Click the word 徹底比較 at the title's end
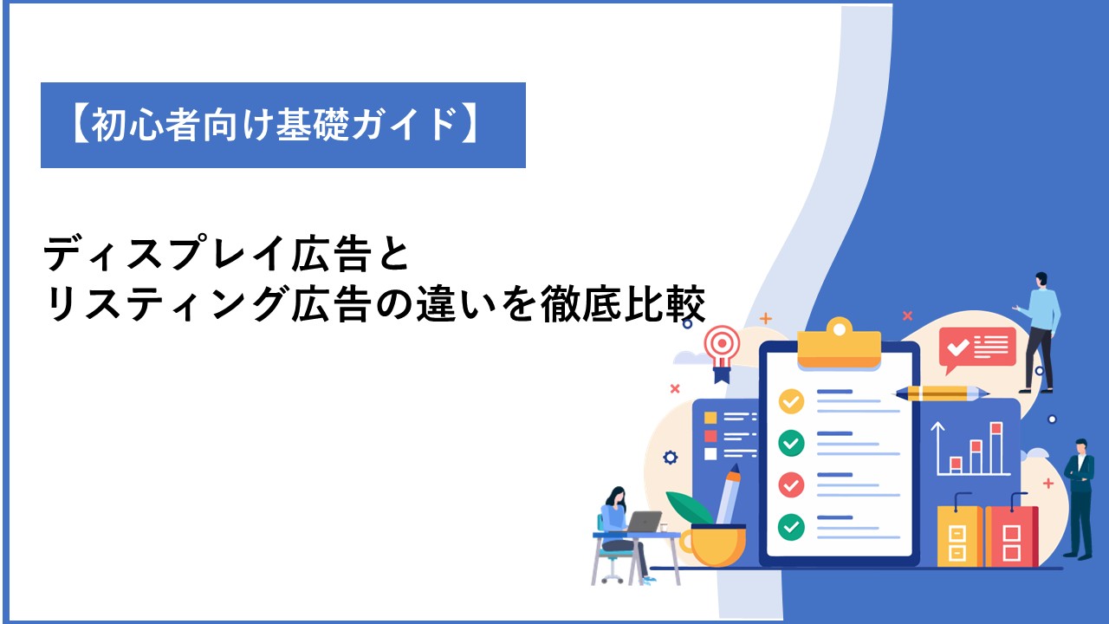[x=623, y=304]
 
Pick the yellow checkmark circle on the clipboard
[x=791, y=401]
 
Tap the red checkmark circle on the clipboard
[x=791, y=484]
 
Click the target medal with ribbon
[x=723, y=353]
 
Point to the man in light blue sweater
[x=1039, y=332]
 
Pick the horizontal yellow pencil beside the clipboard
[x=942, y=393]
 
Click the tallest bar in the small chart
[x=996, y=447]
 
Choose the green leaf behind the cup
[x=690, y=507]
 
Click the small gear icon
[x=671, y=457]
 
